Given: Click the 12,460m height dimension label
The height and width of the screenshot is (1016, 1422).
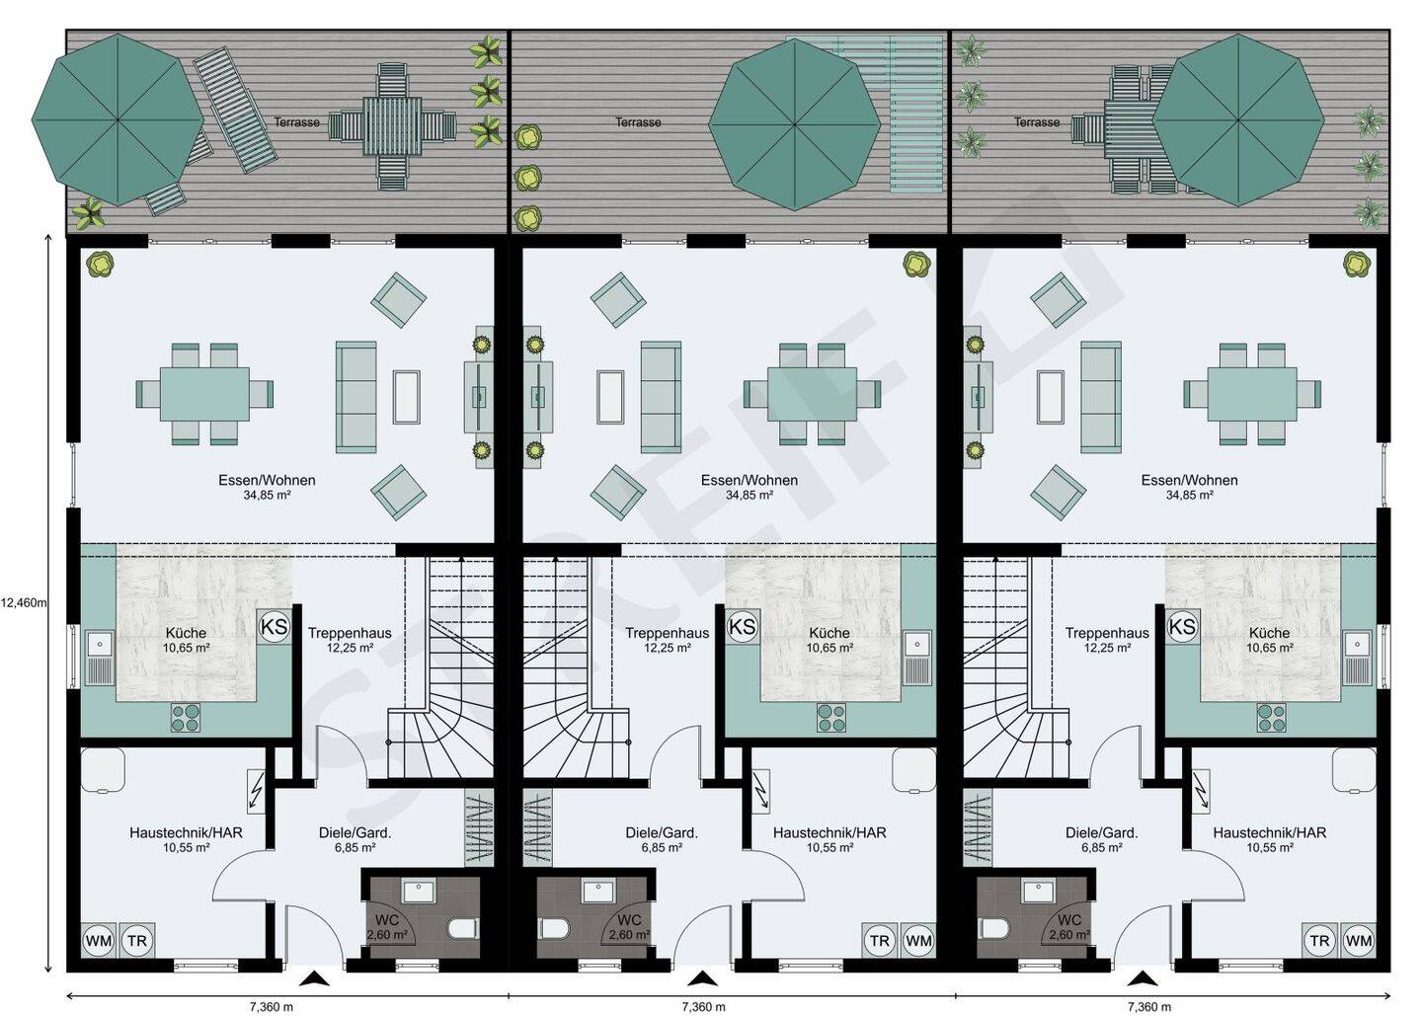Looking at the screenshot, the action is (x=24, y=603).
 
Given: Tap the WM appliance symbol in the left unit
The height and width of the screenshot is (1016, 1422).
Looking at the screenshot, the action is (x=98, y=941).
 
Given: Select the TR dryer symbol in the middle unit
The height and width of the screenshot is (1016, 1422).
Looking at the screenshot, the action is (x=879, y=941).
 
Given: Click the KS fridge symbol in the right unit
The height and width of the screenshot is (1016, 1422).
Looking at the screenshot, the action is (x=1182, y=627).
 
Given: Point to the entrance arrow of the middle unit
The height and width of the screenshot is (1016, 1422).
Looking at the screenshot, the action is (x=702, y=978).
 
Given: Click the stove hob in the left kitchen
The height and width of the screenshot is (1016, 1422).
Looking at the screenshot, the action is (x=186, y=718).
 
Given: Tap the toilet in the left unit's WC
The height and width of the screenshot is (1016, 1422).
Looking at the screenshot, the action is (x=463, y=930).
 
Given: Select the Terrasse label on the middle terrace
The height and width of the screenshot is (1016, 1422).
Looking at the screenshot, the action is (x=638, y=121).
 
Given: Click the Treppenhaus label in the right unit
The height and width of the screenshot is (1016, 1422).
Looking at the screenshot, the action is (x=1107, y=633).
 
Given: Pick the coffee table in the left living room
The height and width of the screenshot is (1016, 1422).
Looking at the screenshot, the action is (x=406, y=397).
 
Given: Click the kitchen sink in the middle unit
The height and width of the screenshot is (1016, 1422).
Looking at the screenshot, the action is (x=917, y=659).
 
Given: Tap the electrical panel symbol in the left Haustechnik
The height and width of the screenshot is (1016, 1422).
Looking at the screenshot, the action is (x=258, y=791).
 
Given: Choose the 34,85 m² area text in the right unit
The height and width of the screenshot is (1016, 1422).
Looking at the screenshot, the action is (x=1190, y=496).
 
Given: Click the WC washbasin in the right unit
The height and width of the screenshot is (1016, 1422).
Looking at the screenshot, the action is (x=1038, y=892).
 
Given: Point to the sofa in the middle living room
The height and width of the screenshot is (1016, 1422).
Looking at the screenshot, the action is (x=661, y=397).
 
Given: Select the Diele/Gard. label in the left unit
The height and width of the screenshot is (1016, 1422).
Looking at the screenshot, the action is (x=355, y=832).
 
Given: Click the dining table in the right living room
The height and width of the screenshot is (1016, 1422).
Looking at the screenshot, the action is (x=1252, y=393).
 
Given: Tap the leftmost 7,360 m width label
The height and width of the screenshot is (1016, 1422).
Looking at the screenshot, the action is (x=271, y=1006).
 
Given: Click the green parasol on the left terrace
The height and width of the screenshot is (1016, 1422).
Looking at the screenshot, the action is (x=118, y=119).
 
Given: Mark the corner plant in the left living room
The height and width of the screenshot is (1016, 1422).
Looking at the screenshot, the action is (x=100, y=263).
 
